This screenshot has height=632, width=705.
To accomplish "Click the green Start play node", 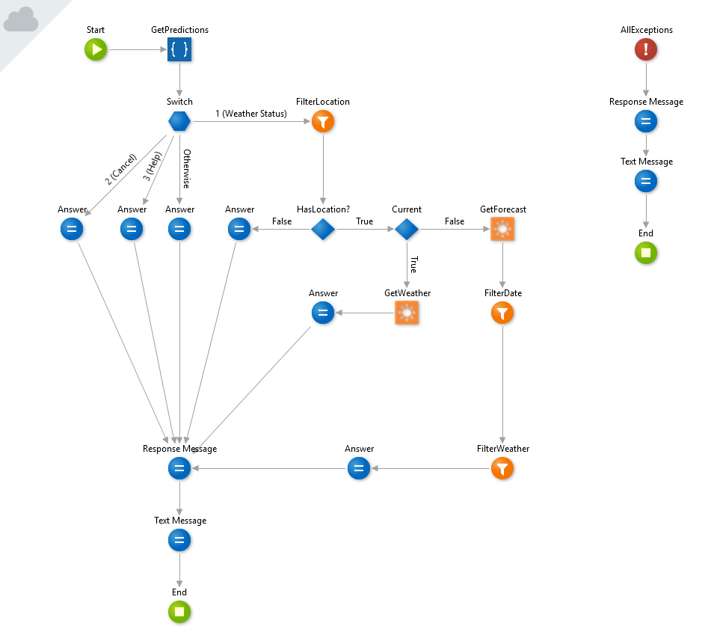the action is [96, 49].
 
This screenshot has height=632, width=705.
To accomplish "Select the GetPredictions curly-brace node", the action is [179, 49].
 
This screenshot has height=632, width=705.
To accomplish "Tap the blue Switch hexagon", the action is [179, 121].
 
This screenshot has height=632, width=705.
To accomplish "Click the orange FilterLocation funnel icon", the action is [323, 121].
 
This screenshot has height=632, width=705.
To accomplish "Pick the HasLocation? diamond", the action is [323, 230].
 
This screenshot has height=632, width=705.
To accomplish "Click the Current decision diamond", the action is [407, 230].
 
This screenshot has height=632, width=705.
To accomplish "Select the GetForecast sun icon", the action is [502, 230].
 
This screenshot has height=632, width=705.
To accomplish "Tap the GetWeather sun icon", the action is [407, 313].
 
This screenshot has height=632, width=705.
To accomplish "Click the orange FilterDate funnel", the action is [502, 313].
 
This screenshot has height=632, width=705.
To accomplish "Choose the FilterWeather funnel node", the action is [502, 468].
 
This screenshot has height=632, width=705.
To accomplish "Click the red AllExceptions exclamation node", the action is [646, 49].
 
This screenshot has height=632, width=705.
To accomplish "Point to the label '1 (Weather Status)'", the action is [251, 114].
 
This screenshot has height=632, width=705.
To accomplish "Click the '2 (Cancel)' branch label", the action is [120, 169].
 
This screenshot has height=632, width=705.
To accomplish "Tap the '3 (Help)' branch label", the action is [152, 166].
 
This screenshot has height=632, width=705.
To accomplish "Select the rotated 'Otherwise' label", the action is [187, 169].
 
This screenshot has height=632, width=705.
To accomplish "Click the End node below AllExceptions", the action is [646, 253].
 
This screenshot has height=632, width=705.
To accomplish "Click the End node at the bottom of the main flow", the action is [179, 612].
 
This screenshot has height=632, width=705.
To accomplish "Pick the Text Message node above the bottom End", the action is [179, 540].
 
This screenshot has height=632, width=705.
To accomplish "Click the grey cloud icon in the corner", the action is [21, 19].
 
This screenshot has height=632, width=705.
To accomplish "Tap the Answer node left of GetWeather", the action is [323, 313].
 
